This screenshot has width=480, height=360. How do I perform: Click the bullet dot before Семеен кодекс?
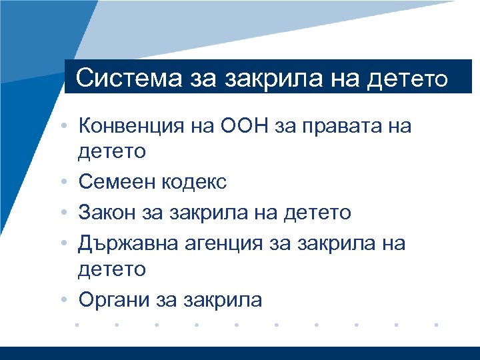click(69, 181)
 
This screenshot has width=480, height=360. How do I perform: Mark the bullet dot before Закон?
click(69, 213)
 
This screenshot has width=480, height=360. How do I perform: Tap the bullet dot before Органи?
click(69, 301)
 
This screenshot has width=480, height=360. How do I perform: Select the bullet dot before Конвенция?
click(69, 125)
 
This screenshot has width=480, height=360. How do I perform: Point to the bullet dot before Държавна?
click(69, 243)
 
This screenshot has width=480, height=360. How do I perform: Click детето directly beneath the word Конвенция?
click(112, 151)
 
